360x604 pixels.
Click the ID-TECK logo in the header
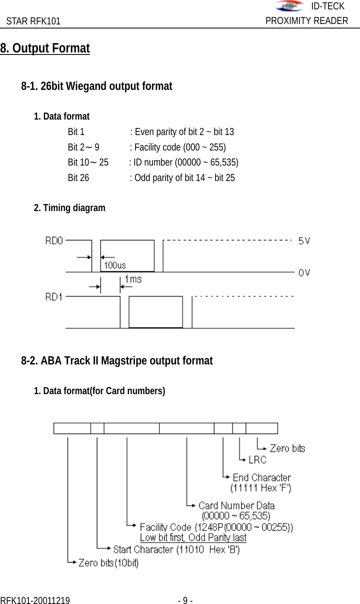click(x=289, y=6)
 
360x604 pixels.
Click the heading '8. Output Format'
click(x=45, y=48)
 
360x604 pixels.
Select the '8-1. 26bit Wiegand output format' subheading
click(x=96, y=86)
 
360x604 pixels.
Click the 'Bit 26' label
click(x=78, y=178)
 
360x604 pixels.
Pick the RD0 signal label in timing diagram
click(x=54, y=241)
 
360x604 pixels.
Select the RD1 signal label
click(x=54, y=297)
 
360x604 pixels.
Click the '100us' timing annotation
click(x=115, y=265)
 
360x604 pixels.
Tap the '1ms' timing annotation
click(x=133, y=279)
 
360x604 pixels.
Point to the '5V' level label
click(x=304, y=241)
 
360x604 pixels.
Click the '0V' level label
click(x=304, y=273)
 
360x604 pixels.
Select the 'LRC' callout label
click(x=257, y=460)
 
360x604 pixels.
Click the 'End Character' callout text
click(x=262, y=478)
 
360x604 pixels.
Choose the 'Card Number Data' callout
click(x=236, y=506)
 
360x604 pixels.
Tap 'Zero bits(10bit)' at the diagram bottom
click(x=108, y=563)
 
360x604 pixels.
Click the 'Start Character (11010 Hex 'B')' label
click(x=176, y=549)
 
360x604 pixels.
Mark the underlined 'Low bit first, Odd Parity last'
click(x=193, y=537)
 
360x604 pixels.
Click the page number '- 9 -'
click(x=185, y=601)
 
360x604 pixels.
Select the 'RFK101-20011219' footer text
click(x=35, y=601)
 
